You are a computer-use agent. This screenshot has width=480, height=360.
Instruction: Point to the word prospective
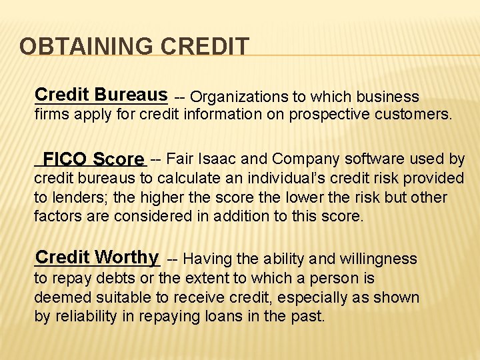click(x=327, y=114)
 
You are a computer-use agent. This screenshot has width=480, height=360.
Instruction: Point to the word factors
click(x=57, y=217)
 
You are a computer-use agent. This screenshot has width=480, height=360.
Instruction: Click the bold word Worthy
click(x=126, y=257)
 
